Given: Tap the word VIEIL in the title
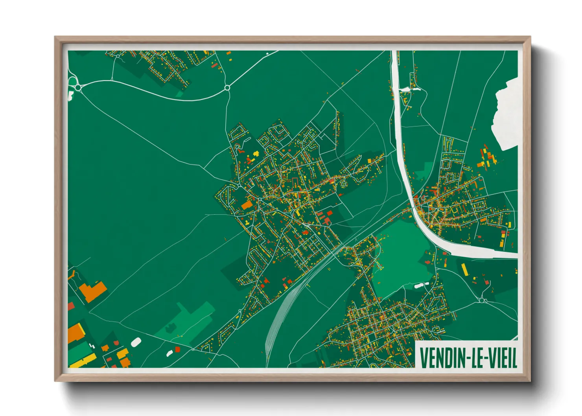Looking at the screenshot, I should (504, 357).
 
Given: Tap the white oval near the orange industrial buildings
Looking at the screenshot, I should (136, 342).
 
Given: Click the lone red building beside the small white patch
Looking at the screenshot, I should (177, 349).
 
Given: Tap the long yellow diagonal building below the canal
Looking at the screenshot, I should (464, 269).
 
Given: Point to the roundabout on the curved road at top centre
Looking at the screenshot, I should (227, 88).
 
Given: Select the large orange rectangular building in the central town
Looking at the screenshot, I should (247, 205).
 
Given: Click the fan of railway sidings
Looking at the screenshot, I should (275, 322).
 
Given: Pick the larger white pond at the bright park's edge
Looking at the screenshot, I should (419, 286).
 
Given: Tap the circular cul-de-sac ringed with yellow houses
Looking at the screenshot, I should (343, 183).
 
